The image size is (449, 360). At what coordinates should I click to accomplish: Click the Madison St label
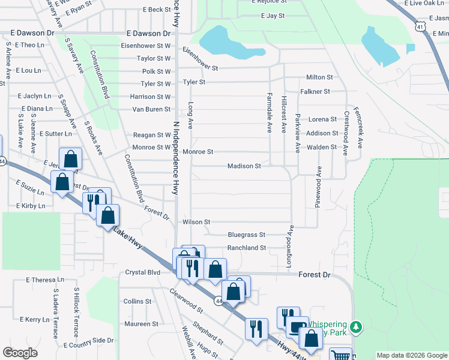click(244, 166)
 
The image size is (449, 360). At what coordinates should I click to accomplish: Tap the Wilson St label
click(196, 222)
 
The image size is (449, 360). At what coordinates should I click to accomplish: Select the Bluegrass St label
click(247, 235)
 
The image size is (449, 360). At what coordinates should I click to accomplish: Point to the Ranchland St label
click(246, 248)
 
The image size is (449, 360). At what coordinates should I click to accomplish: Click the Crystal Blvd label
click(143, 272)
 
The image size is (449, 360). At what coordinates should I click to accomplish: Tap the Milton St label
click(319, 77)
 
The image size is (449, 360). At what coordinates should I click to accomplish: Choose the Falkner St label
click(316, 91)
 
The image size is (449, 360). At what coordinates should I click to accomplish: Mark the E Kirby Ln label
click(31, 206)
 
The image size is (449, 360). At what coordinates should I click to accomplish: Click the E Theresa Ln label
click(45, 280)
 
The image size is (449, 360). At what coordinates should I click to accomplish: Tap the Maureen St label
click(141, 324)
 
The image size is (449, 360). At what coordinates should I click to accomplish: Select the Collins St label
click(137, 301)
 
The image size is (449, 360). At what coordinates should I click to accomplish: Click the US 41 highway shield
click(420, 26)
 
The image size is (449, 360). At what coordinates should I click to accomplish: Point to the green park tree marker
click(357, 327)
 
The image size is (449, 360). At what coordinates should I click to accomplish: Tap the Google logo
click(20, 353)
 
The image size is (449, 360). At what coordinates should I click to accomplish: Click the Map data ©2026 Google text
click(411, 355)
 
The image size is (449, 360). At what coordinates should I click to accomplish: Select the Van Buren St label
click(151, 109)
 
